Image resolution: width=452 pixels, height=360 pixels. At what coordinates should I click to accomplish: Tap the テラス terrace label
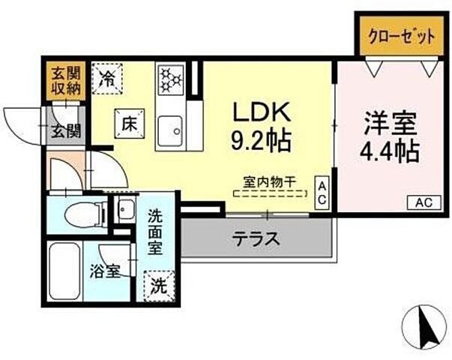point(256,239)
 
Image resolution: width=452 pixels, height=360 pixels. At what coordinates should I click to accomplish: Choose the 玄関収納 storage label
point(64,79)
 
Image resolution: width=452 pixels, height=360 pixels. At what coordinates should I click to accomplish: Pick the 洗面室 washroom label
point(157,231)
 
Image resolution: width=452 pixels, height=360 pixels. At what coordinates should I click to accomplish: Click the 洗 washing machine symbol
point(159,285)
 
